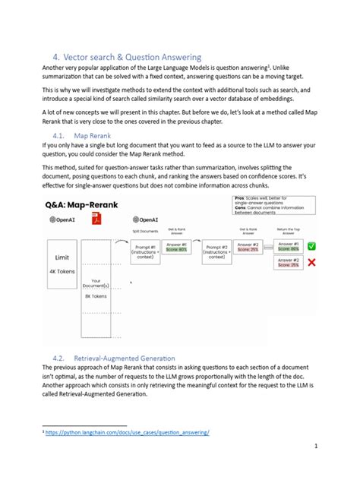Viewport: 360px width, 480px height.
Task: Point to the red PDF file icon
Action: [97, 219]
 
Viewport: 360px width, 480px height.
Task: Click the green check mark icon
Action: [311, 246]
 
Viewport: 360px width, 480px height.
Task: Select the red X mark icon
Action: [311, 263]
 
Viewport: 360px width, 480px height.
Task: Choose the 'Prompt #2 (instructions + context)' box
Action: [219, 249]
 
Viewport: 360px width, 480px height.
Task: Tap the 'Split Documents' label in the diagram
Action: [146, 230]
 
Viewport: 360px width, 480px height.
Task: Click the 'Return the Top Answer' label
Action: [287, 229]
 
